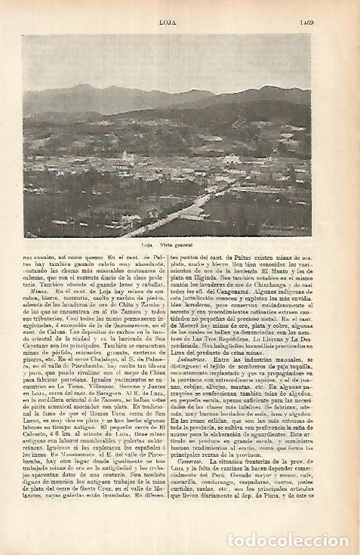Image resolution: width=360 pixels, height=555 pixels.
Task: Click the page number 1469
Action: coord(297,10)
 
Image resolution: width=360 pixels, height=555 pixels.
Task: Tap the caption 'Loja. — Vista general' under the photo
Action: coord(168,246)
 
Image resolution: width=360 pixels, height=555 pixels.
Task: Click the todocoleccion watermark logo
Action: coord(282,538)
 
